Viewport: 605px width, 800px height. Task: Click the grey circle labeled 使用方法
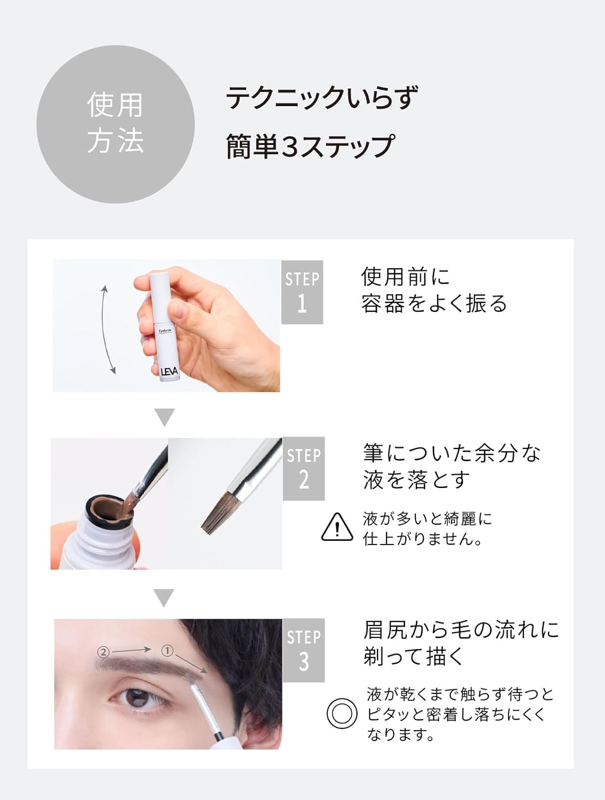(x=115, y=124)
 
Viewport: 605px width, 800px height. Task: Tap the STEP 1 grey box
(x=302, y=292)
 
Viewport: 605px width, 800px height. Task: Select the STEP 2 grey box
(x=303, y=468)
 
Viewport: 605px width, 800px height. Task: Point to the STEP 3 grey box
(x=303, y=650)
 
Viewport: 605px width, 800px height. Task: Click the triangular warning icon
(x=337, y=527)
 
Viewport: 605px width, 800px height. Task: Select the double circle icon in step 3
(x=342, y=714)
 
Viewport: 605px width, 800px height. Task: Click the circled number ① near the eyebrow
(x=167, y=650)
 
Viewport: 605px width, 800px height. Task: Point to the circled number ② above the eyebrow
(x=103, y=652)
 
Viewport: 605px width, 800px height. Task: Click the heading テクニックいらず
(x=322, y=98)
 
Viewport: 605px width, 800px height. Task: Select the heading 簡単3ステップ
(x=310, y=147)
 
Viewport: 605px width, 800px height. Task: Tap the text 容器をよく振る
(x=434, y=303)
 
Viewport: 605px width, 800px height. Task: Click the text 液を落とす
(x=416, y=479)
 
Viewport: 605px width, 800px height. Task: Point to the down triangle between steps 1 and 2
(x=164, y=417)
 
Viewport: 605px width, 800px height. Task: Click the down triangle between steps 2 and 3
(x=164, y=597)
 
